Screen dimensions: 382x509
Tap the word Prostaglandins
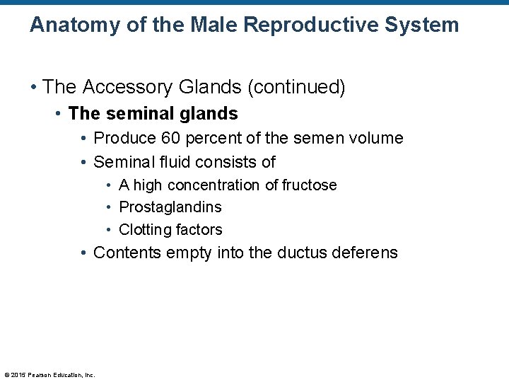tap(170, 207)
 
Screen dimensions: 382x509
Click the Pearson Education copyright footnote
tap(49, 374)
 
